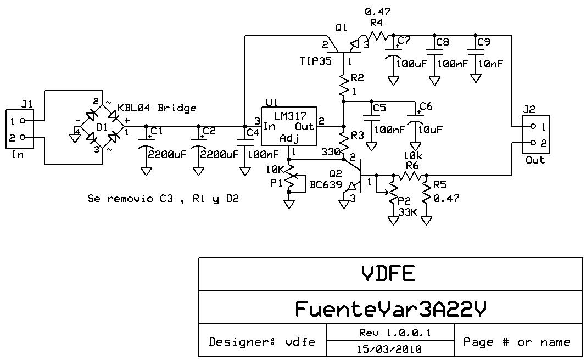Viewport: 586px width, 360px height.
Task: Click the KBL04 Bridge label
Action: (157, 108)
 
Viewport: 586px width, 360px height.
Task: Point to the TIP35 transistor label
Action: (316, 61)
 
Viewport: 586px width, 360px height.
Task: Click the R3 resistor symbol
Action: (343, 142)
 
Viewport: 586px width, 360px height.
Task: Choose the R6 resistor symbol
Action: (410, 176)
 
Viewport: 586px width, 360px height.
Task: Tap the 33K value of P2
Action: (408, 211)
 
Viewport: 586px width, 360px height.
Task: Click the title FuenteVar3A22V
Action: (390, 309)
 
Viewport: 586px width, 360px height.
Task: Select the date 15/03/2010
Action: (390, 348)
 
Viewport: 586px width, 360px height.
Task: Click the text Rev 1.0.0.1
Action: (390, 333)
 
